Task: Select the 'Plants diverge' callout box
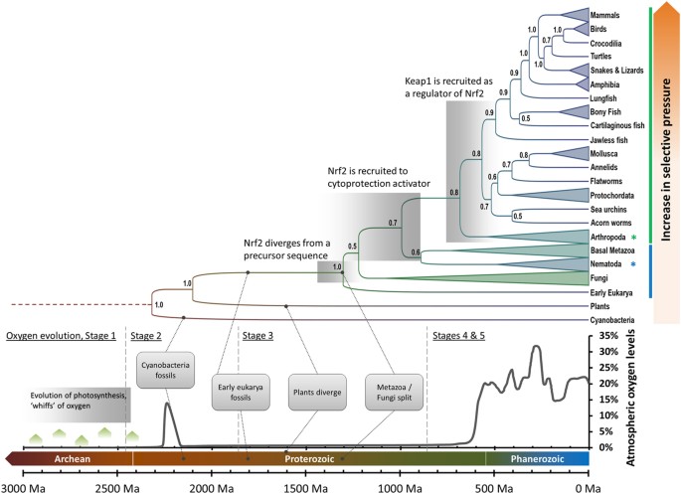tap(316, 391)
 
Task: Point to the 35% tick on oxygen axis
tap(603, 337)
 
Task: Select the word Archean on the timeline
tap(69, 459)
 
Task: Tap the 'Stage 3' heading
tap(260, 336)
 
